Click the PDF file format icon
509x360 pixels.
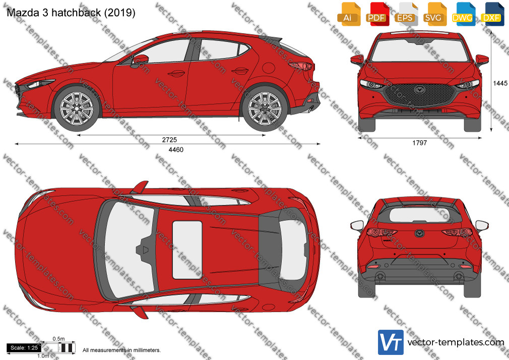tap(377, 14)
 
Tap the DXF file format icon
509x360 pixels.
tap(492, 14)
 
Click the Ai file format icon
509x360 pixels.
tap(349, 14)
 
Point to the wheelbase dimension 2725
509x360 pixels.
tap(169, 140)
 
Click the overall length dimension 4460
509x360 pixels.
tap(176, 149)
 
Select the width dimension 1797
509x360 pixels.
tap(420, 143)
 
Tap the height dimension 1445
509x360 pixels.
tap(500, 83)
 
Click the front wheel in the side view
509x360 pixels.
tap(77, 108)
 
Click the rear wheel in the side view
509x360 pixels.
tap(265, 108)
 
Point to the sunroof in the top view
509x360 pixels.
tap(187, 250)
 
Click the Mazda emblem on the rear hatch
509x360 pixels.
tap(420, 233)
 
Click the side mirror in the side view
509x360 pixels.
tap(140, 61)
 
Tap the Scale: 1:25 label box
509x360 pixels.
tap(24, 348)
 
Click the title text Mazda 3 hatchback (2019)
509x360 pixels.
tap(71, 12)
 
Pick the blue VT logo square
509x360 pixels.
tap(391, 342)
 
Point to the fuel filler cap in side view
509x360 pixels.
tap(269, 68)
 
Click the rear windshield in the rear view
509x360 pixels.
tap(420, 215)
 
